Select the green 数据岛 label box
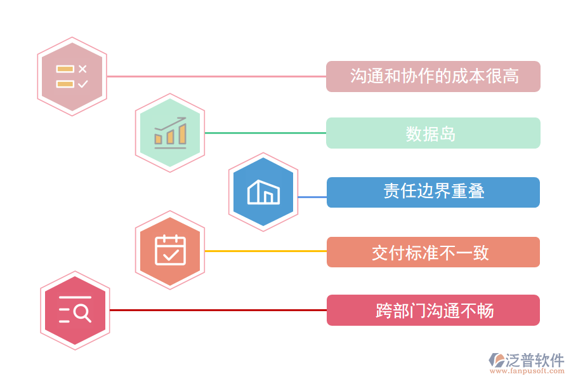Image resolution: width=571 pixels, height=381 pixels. pyautogui.click(x=433, y=133)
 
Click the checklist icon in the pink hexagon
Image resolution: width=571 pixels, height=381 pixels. pyautogui.click(x=72, y=77)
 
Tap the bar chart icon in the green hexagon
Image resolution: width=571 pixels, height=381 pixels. pyautogui.click(x=171, y=133)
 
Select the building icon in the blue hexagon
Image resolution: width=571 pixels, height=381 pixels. pyautogui.click(x=263, y=192)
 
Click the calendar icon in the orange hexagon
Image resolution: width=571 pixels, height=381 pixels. pyautogui.click(x=171, y=250)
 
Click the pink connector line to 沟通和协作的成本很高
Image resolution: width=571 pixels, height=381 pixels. pyautogui.click(x=217, y=77)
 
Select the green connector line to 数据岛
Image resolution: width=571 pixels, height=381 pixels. pyautogui.click(x=265, y=133)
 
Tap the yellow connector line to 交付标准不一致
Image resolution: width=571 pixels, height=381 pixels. pyautogui.click(x=266, y=251)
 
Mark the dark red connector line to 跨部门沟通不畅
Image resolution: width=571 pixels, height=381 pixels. pyautogui.click(x=218, y=311)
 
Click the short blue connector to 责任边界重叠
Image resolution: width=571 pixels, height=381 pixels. pyautogui.click(x=312, y=197)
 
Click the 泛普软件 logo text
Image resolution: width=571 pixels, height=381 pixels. pyautogui.click(x=534, y=361)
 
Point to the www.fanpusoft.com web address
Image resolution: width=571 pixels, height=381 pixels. pyautogui.click(x=527, y=371)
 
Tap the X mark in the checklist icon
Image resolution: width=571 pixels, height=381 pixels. pyautogui.click(x=82, y=69)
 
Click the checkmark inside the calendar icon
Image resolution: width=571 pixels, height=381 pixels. pyautogui.click(x=171, y=255)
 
